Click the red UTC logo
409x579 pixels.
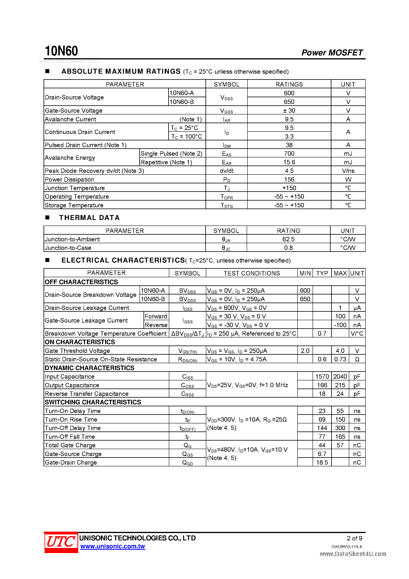click(x=61, y=542)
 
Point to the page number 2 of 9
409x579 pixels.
click(x=354, y=538)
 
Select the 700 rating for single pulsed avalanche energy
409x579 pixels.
click(x=289, y=154)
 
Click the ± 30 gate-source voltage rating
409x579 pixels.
click(x=289, y=110)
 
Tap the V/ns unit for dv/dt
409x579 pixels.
click(x=348, y=171)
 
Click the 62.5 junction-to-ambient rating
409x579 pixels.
click(x=288, y=239)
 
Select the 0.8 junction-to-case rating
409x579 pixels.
click(x=288, y=248)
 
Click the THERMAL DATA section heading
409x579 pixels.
click(x=89, y=218)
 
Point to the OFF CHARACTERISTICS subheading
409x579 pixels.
click(x=81, y=282)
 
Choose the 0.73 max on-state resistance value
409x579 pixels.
click(x=340, y=359)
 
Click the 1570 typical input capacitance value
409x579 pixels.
click(x=322, y=376)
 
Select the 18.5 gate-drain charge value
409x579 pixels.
click(x=322, y=462)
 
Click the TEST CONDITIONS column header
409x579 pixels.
click(x=252, y=273)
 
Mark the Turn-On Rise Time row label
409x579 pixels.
click(x=71, y=419)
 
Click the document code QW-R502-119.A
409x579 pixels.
click(x=347, y=547)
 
